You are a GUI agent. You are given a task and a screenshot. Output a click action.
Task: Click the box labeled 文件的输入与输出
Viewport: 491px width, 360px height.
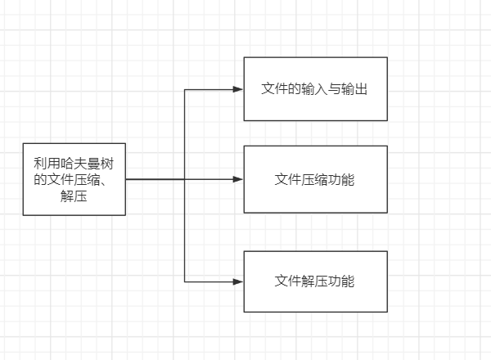[315, 88]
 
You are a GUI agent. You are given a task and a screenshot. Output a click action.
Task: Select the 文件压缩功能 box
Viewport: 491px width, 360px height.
[315, 179]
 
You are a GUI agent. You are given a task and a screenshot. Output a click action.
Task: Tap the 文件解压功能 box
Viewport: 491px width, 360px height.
[315, 281]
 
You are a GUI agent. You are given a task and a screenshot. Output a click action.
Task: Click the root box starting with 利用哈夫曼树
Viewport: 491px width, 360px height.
[74, 179]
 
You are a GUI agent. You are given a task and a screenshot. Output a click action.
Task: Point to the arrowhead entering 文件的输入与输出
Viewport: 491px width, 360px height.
[239, 88]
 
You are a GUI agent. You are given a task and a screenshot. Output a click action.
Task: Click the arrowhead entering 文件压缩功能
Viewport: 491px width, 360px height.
[239, 179]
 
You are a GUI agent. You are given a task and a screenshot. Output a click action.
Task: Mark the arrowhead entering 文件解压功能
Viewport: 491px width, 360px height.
[239, 281]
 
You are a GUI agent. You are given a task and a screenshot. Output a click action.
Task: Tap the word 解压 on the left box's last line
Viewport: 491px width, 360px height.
[74, 196]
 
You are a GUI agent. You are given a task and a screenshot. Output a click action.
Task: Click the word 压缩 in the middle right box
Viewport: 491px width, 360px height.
[315, 179]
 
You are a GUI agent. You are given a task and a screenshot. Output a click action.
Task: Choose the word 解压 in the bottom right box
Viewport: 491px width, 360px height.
[315, 281]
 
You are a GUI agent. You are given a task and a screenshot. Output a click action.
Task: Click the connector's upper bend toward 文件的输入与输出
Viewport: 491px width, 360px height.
[185, 88]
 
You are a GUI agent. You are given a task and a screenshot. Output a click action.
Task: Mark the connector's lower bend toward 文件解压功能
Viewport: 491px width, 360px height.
[185, 281]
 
